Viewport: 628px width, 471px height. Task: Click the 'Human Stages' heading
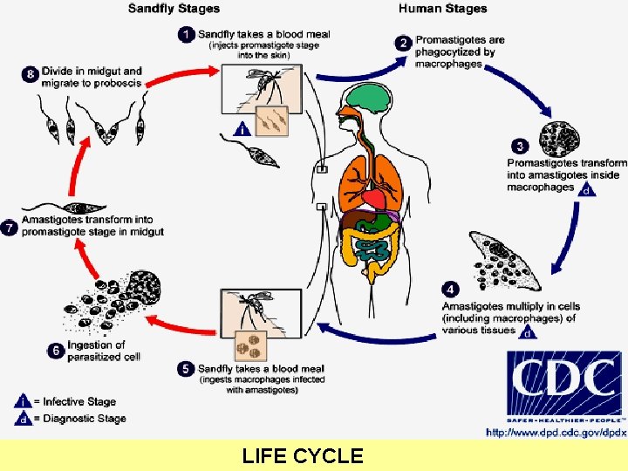[x=442, y=9]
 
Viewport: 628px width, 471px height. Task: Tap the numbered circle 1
[x=187, y=35]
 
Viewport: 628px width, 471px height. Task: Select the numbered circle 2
[x=403, y=43]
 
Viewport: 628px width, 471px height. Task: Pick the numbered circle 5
[x=186, y=369]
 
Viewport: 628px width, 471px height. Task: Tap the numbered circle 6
[x=54, y=351]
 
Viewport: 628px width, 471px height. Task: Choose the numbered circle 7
[x=10, y=228]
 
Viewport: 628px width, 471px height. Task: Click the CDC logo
[x=564, y=386]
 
